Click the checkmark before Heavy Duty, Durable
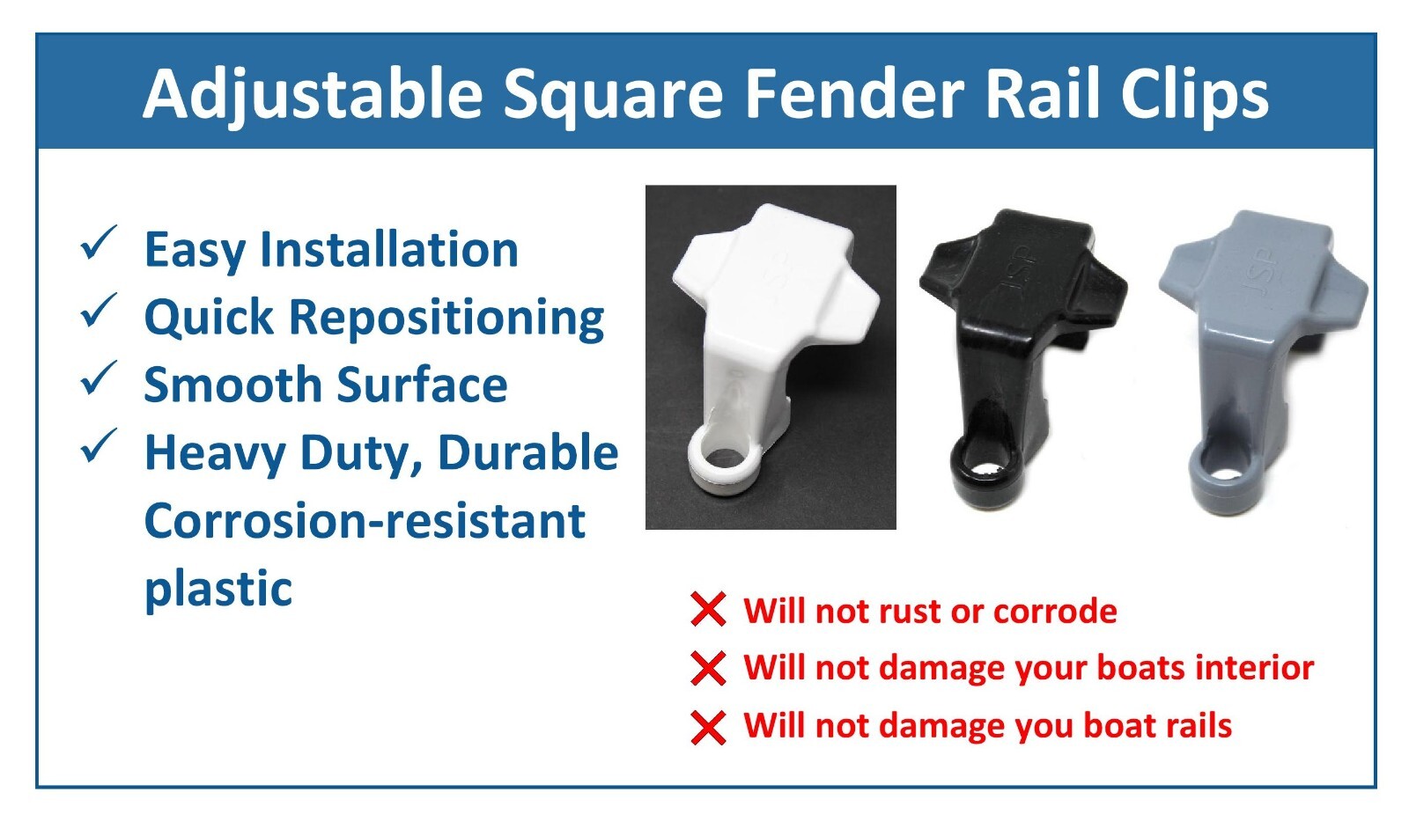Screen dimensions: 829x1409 click(x=99, y=446)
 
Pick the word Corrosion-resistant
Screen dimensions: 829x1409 click(x=365, y=521)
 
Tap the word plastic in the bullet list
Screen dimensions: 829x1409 click(x=218, y=588)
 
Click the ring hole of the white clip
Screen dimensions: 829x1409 click(x=723, y=457)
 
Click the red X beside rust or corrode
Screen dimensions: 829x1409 click(x=708, y=610)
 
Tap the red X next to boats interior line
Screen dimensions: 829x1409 click(x=708, y=668)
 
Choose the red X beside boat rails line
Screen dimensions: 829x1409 click(x=708, y=728)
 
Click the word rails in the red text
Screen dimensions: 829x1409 click(x=1199, y=726)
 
